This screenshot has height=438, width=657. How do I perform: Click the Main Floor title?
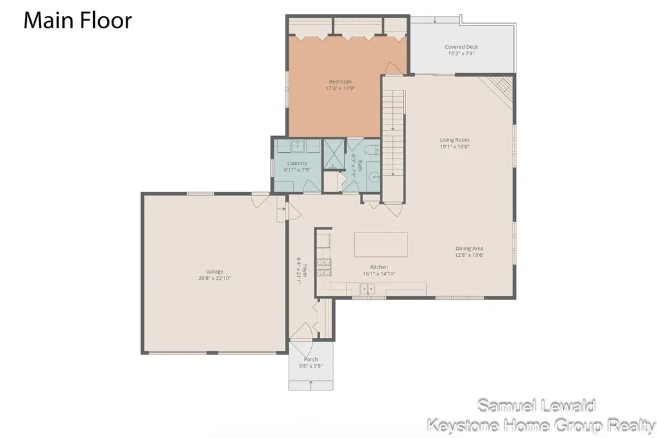78,21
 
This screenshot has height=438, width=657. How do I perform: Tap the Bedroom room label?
340,82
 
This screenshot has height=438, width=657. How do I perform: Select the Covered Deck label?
461,47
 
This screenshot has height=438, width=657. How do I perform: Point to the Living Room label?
454,140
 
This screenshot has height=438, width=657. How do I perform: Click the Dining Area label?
469,249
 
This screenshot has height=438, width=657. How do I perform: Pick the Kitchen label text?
379,267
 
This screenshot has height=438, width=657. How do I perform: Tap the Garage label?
214,272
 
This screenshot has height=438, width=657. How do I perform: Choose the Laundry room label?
297,163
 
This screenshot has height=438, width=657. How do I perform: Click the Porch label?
311,359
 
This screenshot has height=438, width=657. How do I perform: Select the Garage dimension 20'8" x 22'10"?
214,278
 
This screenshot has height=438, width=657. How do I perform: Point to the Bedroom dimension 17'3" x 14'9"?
340,88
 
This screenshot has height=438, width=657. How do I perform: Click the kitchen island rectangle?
380,245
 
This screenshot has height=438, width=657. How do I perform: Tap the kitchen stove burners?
324,267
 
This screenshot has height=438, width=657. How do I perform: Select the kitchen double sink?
368,288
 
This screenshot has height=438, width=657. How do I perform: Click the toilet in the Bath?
371,150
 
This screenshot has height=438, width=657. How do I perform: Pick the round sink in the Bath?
374,177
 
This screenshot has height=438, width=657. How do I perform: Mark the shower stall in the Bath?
334,154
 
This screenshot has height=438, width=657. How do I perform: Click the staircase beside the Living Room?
394,146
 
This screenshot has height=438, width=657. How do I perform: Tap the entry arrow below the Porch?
311,385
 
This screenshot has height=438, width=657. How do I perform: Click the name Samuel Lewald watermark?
536,406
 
